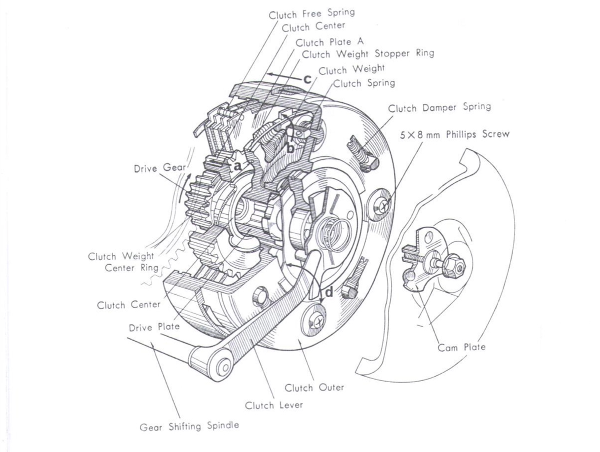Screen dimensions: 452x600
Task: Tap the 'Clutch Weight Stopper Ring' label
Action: tap(368, 53)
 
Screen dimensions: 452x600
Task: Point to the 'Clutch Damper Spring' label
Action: tap(439, 107)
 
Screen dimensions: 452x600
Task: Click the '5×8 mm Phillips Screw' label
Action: tap(454, 135)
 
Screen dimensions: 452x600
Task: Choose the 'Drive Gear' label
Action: tap(153, 168)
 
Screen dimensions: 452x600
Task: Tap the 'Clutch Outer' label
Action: tap(314, 387)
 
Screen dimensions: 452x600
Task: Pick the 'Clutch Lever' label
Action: tap(273, 405)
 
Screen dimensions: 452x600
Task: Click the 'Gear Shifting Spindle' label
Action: tap(189, 426)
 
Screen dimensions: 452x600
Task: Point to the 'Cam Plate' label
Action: tap(461, 347)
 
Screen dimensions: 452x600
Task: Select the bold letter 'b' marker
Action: tap(290, 148)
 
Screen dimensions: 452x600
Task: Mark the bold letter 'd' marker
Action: tap(329, 291)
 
